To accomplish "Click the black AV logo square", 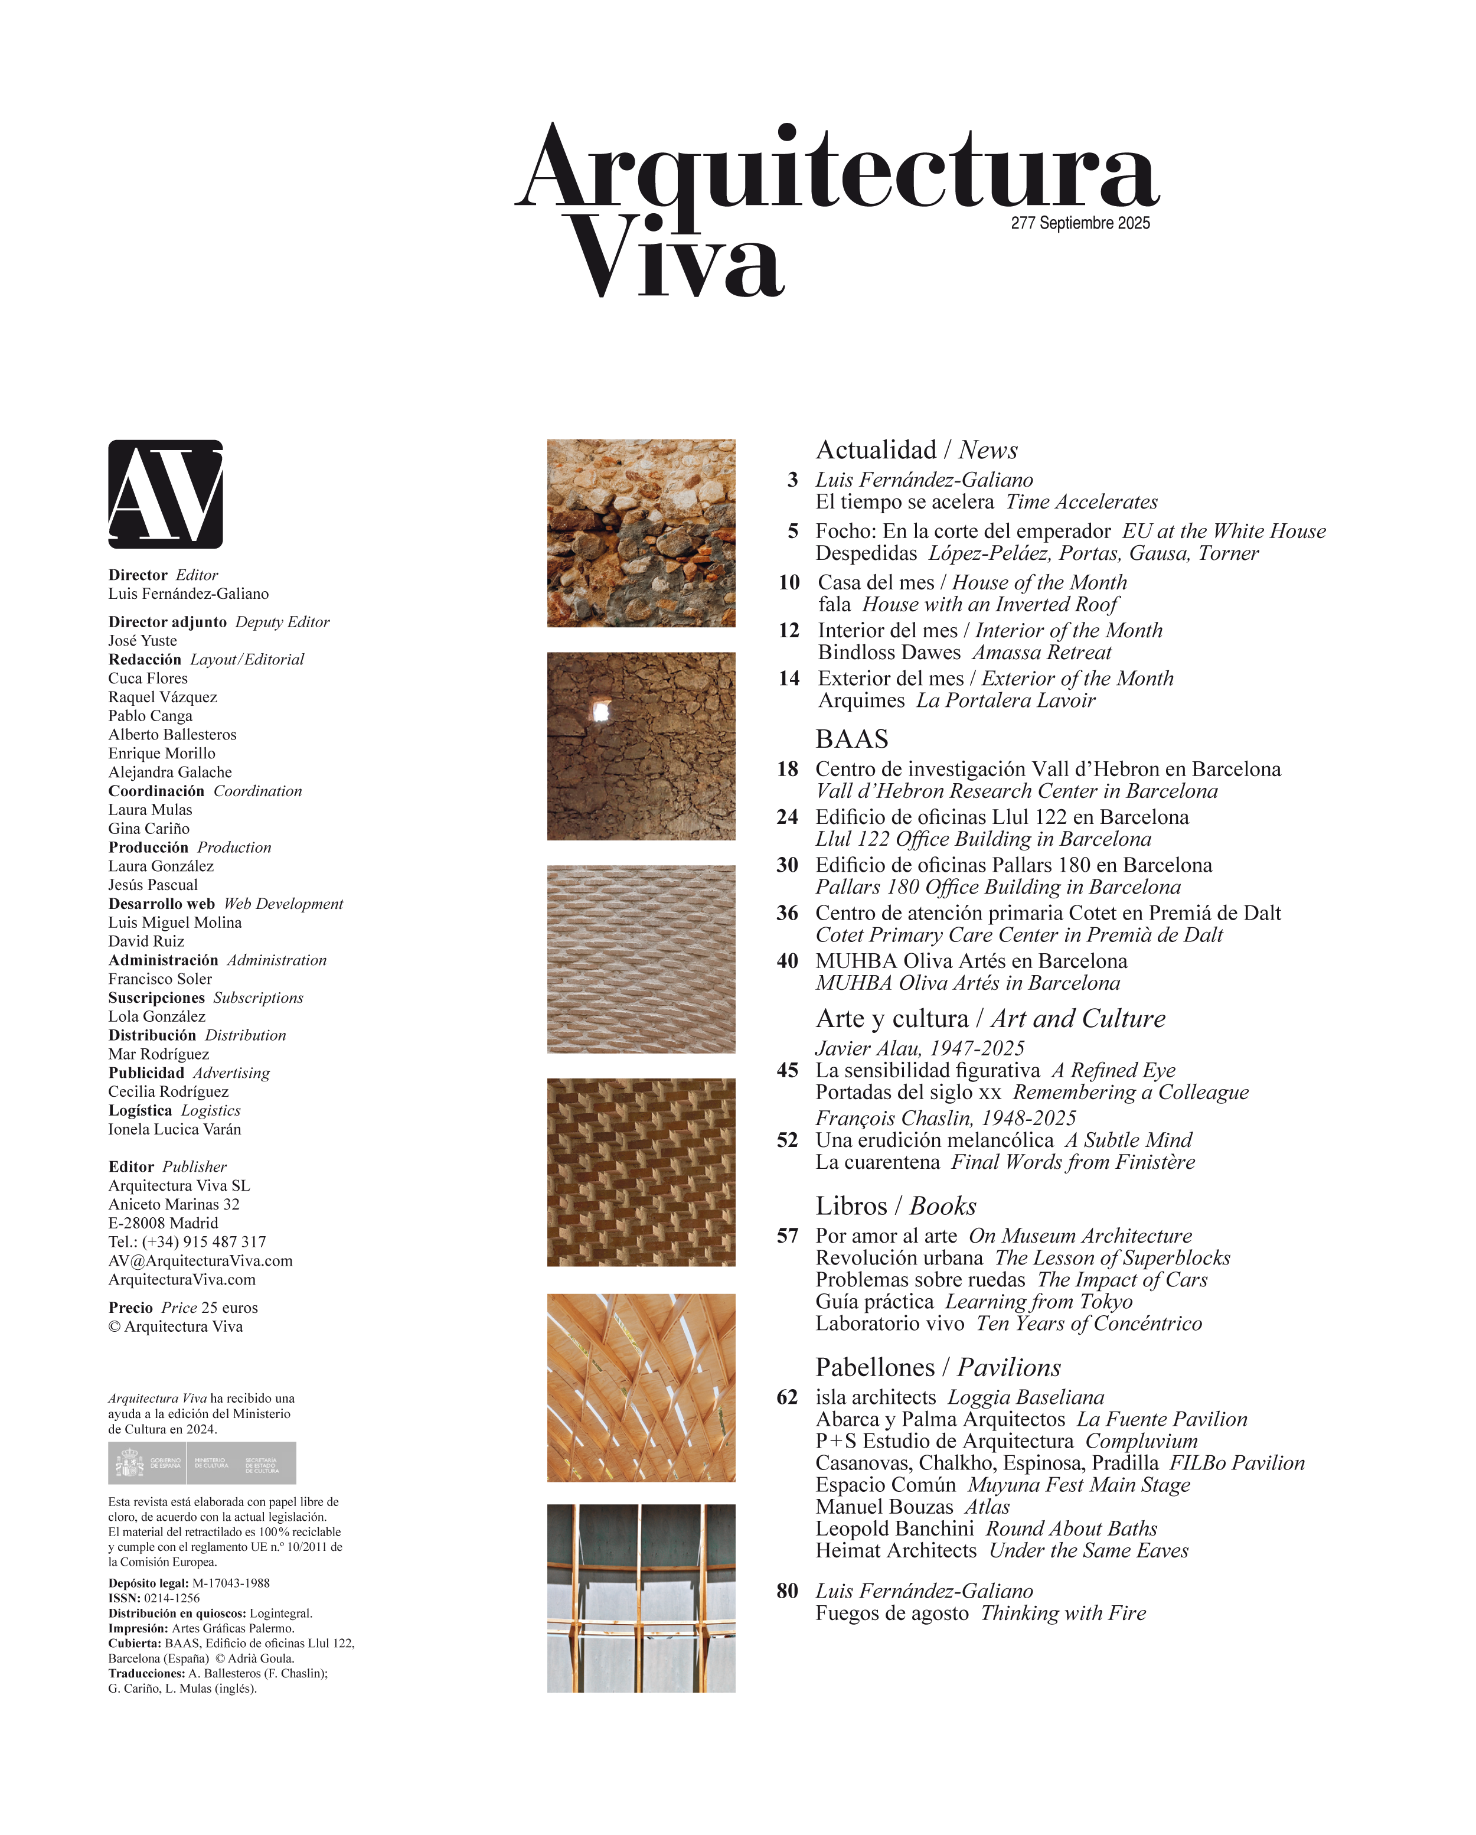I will pos(165,494).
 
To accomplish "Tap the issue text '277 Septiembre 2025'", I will pos(1080,223).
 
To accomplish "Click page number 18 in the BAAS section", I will pos(787,770).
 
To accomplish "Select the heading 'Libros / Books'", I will pos(895,1205).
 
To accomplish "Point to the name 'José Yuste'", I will pos(143,641).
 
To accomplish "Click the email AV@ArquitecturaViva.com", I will pos(200,1260).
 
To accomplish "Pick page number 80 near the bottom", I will pos(787,1590).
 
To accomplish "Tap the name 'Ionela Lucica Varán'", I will pos(174,1129).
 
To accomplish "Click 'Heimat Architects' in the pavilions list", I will pos(895,1551).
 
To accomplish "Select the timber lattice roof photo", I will pos(641,1387).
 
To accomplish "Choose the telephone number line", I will pos(187,1242).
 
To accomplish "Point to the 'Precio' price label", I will pos(130,1308).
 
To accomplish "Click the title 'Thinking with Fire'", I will pos(1063,1613).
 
